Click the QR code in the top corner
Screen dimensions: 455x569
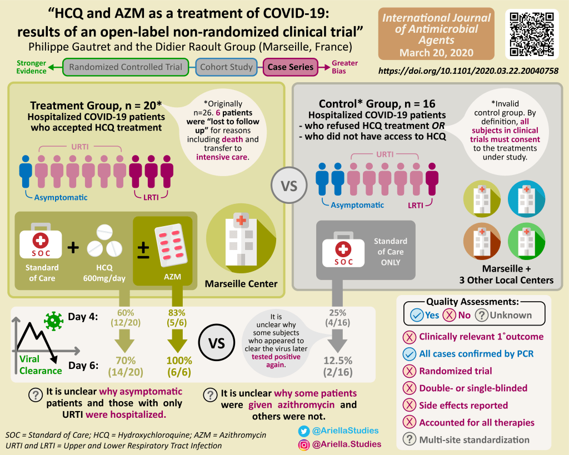click(532, 34)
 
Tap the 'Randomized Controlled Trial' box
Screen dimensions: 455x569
click(126, 67)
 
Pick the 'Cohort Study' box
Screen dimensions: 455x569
click(227, 67)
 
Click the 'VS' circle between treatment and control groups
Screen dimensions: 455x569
click(289, 185)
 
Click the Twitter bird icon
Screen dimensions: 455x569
click(304, 431)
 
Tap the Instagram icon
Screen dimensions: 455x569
click(304, 444)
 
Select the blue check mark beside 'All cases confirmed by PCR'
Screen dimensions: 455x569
click(410, 353)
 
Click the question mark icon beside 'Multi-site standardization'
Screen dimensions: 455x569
click(410, 439)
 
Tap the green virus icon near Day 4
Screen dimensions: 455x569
click(54, 319)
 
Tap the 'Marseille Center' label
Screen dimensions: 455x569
click(241, 284)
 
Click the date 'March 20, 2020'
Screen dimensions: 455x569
click(436, 53)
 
